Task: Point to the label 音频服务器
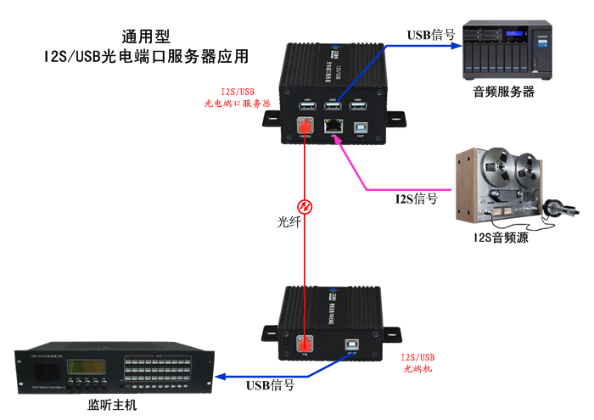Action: pos(504,92)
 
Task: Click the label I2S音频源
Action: pos(501,238)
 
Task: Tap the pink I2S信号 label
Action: pos(417,199)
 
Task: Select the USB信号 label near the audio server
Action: pos(431,35)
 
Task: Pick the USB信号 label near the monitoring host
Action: pos(270,384)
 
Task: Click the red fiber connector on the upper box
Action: pos(304,127)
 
